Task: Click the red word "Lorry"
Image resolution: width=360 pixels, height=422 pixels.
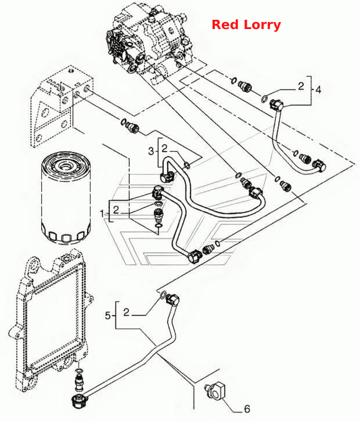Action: point(262,25)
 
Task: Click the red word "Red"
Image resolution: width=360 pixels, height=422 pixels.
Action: point(225,25)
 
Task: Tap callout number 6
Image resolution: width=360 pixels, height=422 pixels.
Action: point(247,409)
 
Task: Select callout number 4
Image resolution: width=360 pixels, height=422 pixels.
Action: point(318,89)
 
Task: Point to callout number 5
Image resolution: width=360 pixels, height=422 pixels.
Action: point(107,315)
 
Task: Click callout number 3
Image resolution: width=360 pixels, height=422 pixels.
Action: point(151,152)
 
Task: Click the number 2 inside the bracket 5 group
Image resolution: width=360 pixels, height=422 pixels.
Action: point(126,312)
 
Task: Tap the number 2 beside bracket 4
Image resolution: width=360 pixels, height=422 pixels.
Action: point(301,86)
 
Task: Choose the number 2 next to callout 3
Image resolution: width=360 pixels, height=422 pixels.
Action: point(164,148)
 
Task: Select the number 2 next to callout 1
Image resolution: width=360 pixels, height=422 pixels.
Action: point(116,210)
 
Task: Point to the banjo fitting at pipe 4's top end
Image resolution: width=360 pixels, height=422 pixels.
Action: point(276,104)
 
